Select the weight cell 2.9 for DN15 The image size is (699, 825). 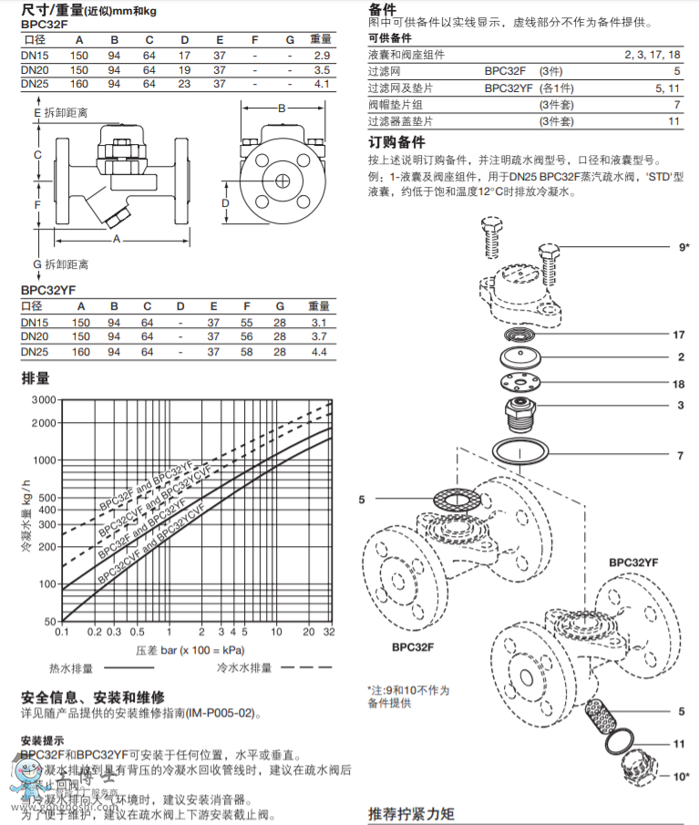pos(320,57)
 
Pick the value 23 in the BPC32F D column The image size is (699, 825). pos(183,84)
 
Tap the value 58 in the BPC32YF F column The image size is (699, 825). pos(246,352)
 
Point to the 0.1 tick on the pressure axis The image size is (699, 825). pos(62,632)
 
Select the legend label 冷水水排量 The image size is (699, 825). pos(244,668)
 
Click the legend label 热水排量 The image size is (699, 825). pos(72,668)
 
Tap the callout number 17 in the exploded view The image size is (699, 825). pos(677,335)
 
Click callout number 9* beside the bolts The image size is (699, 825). pos(683,247)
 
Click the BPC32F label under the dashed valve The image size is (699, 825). pos(413,648)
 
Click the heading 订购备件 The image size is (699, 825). pos(396,143)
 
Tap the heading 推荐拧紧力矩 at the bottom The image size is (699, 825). pos(410,813)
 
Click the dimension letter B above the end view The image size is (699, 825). pos(282,108)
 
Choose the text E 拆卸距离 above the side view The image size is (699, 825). pos(61,113)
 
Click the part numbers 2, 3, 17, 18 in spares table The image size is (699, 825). pos(653,56)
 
